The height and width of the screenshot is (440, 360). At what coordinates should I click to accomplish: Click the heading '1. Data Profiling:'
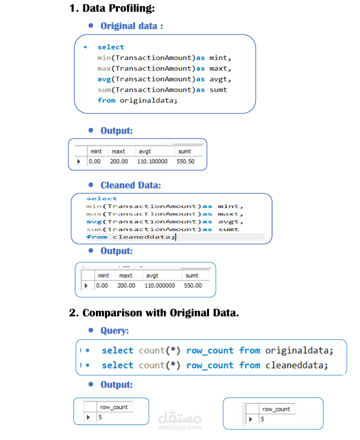coord(112,8)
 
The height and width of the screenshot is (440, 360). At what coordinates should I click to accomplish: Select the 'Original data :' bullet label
coord(132,26)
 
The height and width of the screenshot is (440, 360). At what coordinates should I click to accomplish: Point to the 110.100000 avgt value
coord(152,162)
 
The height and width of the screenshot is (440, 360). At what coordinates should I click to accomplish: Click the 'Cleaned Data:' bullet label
coord(130,185)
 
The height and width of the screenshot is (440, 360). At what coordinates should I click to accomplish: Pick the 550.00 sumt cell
coord(193,285)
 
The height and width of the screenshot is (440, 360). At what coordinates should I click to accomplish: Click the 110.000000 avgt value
coord(159,285)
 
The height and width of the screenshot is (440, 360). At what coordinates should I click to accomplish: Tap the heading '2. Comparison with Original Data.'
coord(154,312)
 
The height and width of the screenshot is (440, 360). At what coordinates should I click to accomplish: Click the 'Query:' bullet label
coord(114,330)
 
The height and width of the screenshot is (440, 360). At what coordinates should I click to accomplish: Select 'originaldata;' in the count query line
coord(299,350)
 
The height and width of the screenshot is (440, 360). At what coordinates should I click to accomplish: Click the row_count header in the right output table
coord(275,409)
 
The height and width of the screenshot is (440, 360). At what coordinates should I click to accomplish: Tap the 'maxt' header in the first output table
coord(118,151)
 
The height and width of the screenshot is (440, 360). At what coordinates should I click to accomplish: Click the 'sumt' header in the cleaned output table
coord(192,275)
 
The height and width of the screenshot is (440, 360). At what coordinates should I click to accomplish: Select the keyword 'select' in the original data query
coord(111,47)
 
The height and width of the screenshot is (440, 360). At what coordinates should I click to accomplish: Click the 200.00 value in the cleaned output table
coord(126,285)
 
